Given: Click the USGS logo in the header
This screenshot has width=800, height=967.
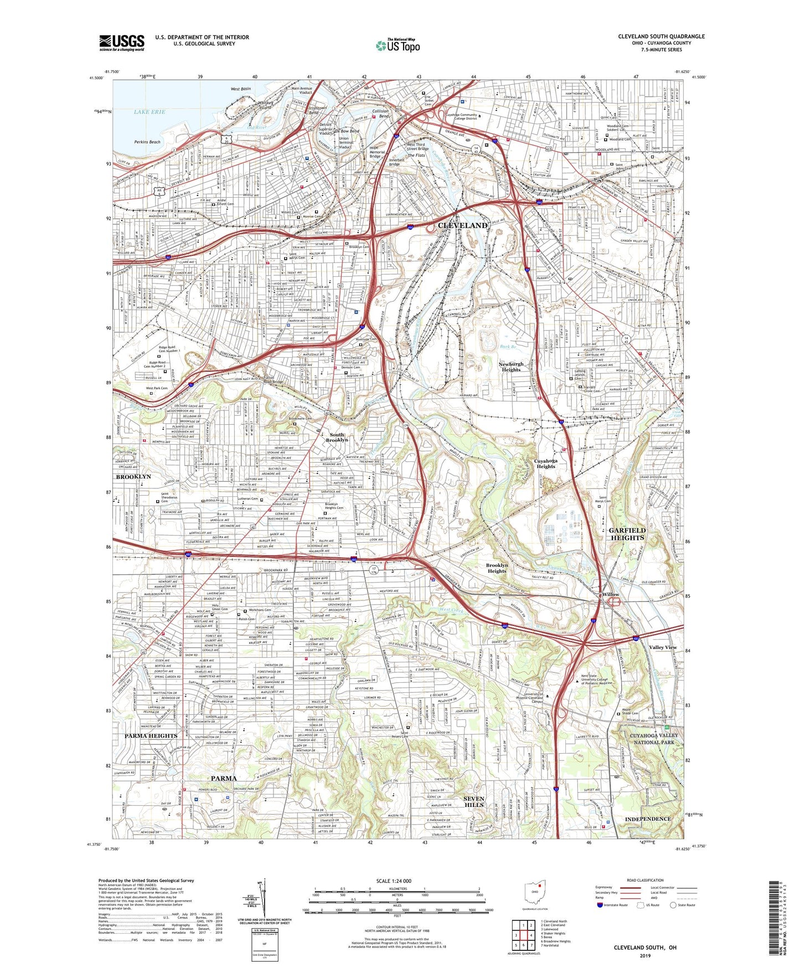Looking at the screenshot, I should click(x=122, y=42).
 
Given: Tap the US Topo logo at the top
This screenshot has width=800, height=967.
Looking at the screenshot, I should click(x=397, y=45).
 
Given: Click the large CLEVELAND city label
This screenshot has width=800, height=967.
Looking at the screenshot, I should click(x=463, y=225).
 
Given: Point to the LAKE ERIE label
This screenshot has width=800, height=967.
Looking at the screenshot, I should click(x=149, y=112).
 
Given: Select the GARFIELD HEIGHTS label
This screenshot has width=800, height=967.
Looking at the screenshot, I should click(x=627, y=534).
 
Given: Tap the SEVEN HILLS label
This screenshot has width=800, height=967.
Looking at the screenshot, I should click(x=474, y=801).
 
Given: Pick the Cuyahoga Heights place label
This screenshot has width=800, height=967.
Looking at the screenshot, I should click(x=545, y=463).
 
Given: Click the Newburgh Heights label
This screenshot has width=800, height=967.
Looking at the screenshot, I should click(x=510, y=367).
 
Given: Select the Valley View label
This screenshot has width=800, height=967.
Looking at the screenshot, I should click(x=663, y=647).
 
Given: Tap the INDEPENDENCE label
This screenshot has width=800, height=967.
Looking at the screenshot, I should click(x=647, y=819).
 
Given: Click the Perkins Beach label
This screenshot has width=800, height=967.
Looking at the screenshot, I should click(x=147, y=142).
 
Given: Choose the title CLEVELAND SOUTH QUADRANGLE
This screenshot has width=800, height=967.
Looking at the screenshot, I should click(x=661, y=37).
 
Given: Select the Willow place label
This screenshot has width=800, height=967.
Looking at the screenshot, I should click(x=611, y=594).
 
